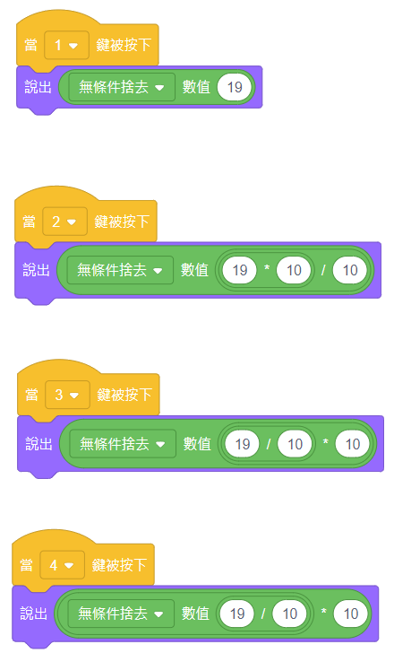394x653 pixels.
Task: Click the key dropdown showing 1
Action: pos(66,45)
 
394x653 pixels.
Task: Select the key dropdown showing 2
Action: pos(64,222)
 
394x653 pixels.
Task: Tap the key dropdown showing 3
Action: pos(67,395)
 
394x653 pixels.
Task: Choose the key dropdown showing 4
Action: pos(63,565)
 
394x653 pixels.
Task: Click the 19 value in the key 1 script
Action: pos(235,87)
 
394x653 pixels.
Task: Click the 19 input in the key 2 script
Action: pos(240,270)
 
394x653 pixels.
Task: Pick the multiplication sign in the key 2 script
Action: pos(267,268)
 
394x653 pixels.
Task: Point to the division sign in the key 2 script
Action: pos(323,270)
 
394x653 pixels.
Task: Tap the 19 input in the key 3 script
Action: pos(243,444)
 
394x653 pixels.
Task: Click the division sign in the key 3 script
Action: pos(269,444)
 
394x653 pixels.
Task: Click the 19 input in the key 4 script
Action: pos(237,614)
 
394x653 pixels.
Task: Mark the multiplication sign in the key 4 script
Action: pos(324,612)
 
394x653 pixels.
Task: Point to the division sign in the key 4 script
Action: pos(263,614)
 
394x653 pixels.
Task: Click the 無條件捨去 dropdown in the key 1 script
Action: pos(122,87)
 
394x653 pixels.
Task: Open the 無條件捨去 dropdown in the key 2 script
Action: pos(120,270)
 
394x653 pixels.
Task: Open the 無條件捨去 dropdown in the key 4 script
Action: pos(121,614)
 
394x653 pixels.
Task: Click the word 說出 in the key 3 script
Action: pos(39,444)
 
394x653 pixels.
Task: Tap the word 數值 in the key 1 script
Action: pos(196,87)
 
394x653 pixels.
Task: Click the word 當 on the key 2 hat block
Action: pos(29,222)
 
